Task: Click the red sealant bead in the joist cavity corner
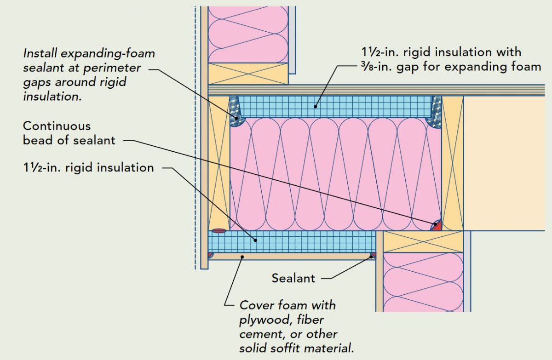(437, 226)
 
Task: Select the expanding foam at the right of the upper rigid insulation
(434, 113)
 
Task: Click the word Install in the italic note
(40, 53)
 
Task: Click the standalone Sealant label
(293, 278)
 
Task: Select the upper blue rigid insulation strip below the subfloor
(331, 107)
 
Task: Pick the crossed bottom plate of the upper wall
(248, 74)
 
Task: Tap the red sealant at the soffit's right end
(374, 254)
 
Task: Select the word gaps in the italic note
(39, 83)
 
